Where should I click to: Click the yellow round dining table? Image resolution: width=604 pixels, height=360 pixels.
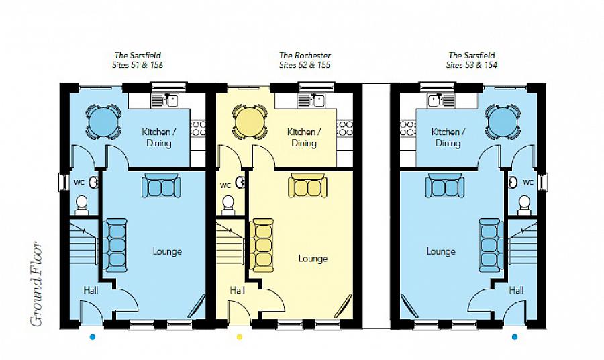tap(249, 122)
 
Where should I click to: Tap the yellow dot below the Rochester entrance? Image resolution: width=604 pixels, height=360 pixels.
tap(239, 336)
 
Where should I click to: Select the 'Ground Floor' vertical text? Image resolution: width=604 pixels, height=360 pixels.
tap(36, 284)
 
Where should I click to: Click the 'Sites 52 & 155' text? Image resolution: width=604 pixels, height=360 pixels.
tap(305, 66)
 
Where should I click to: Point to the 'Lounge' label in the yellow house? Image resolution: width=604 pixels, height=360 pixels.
tap(313, 259)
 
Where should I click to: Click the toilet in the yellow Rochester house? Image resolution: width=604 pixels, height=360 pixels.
tap(228, 203)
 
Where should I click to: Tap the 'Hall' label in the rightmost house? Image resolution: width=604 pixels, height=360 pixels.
tap(516, 290)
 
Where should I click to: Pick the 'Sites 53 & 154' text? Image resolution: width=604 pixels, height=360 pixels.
tap(472, 66)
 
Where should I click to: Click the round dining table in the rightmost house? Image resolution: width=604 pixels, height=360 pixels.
tap(503, 122)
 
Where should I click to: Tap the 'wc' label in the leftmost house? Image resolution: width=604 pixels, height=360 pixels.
tap(78, 182)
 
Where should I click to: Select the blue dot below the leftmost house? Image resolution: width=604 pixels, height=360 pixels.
tap(93, 336)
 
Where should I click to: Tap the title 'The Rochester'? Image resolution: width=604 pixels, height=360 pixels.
tap(305, 55)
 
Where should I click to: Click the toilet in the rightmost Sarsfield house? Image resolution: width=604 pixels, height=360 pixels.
tap(524, 203)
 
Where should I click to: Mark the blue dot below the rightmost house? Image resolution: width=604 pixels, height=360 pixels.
tap(515, 336)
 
